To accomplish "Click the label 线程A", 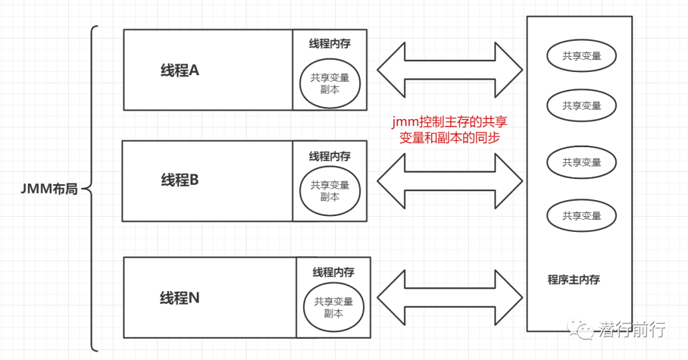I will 180,71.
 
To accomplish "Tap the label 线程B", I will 180,180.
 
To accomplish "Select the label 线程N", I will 180,298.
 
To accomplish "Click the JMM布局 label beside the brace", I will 49,189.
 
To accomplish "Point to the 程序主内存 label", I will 573,280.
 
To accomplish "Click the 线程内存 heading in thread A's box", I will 329,44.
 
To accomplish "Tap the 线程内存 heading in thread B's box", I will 329,156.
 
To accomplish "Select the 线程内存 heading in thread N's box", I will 333,272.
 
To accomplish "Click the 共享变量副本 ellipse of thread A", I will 330,83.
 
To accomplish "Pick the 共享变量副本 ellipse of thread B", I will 330,191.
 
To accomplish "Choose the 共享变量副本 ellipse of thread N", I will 333,308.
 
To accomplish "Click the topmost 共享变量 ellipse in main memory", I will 581,56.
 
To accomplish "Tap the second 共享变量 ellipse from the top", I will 581,106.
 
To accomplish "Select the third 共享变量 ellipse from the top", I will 581,162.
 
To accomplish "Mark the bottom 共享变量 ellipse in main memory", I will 581,216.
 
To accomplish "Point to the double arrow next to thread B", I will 449,181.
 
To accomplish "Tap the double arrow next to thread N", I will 449,298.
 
